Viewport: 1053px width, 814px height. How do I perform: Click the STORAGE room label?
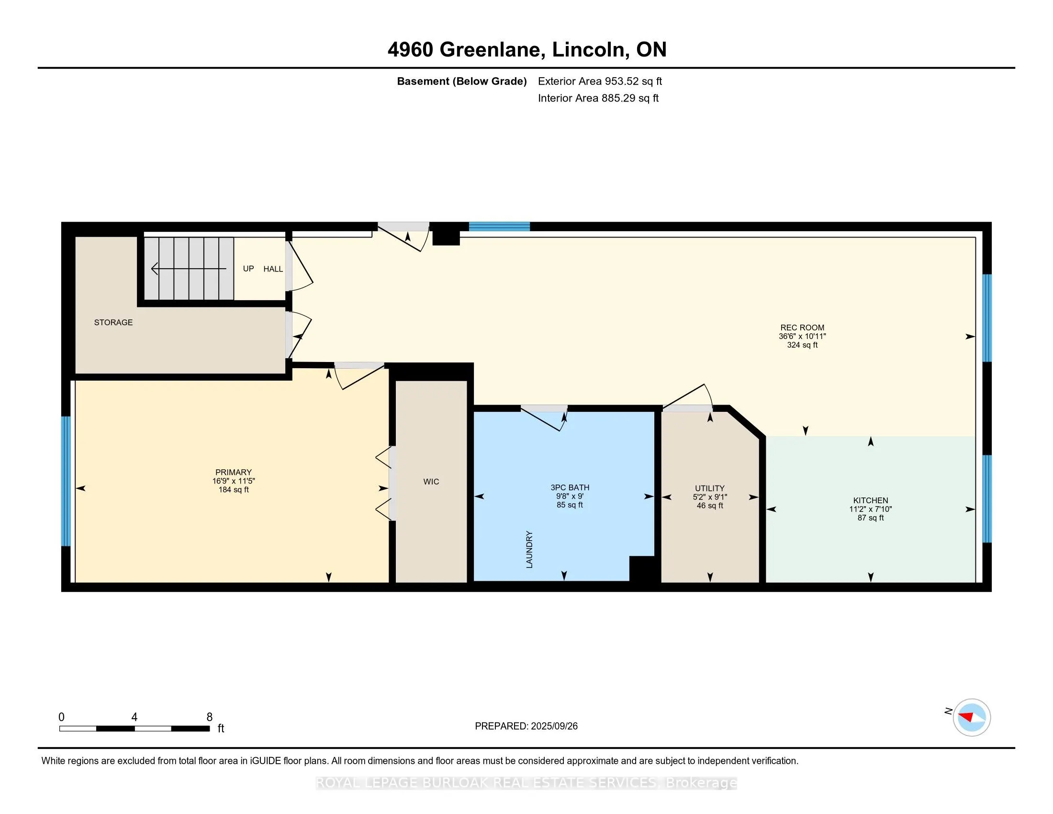[113, 322]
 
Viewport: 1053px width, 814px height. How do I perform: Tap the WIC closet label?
[431, 481]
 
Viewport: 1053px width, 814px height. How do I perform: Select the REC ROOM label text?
[802, 328]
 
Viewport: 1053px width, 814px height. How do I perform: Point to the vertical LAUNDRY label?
[529, 549]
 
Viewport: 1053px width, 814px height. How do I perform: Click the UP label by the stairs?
[248, 269]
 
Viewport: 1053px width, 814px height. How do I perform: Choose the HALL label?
[273, 269]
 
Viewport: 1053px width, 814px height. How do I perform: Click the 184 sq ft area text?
[234, 490]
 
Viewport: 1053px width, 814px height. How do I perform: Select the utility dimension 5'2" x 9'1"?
[710, 497]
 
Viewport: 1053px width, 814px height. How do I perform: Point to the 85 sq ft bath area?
[570, 505]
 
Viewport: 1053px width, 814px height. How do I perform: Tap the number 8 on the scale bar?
[209, 717]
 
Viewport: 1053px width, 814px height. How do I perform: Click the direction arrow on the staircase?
[189, 269]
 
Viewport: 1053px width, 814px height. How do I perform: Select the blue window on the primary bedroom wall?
[66, 481]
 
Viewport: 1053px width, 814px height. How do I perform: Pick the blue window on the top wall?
[500, 226]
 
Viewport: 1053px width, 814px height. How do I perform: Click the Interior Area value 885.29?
[617, 98]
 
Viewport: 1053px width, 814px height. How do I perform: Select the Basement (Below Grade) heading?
[461, 81]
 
